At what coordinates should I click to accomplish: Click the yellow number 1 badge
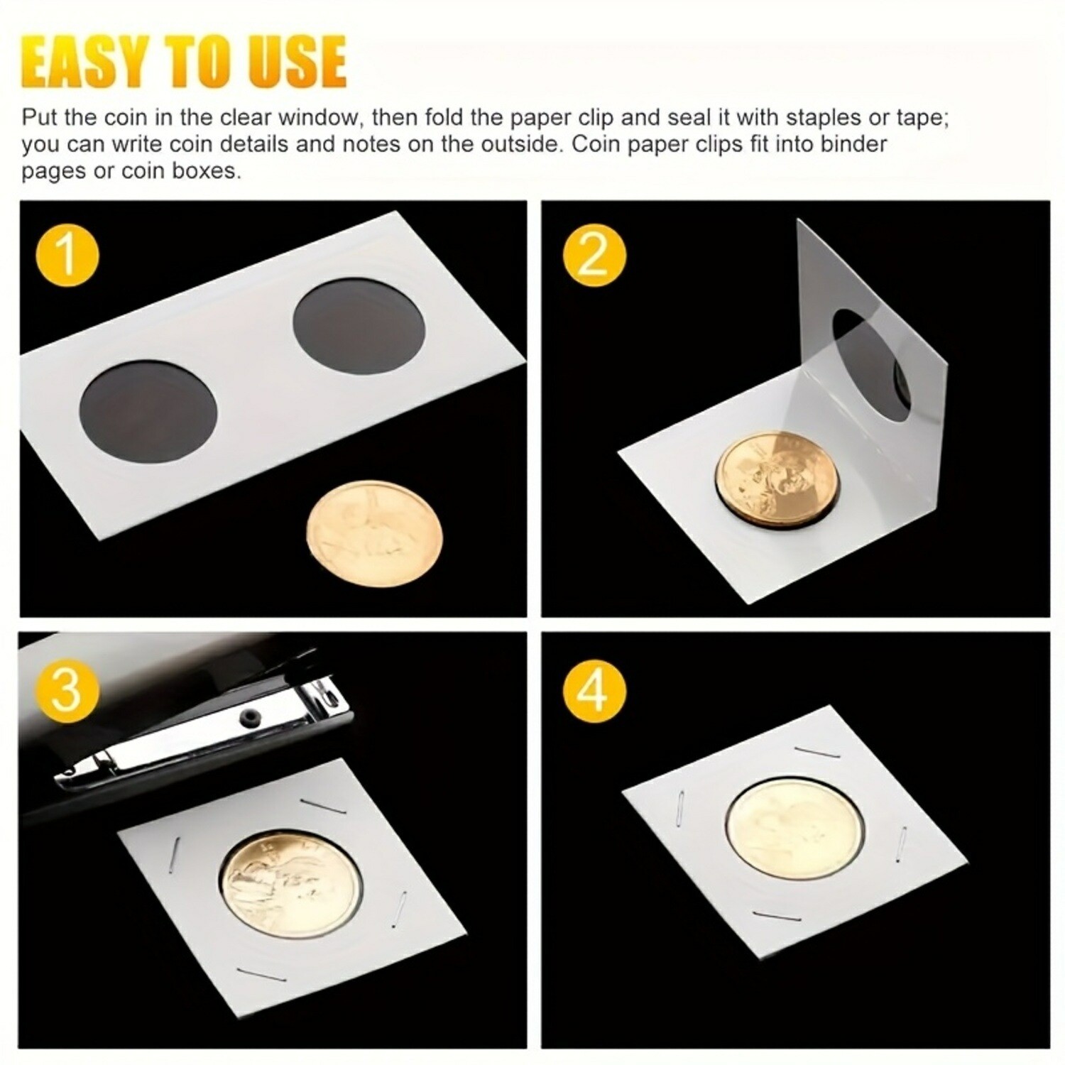68,255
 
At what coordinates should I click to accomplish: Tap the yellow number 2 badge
594,255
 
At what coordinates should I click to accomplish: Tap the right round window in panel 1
359,334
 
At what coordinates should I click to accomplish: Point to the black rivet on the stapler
247,714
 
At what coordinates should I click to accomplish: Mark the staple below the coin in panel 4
777,916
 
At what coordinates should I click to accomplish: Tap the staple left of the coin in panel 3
175,848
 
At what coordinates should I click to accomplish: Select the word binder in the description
853,144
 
